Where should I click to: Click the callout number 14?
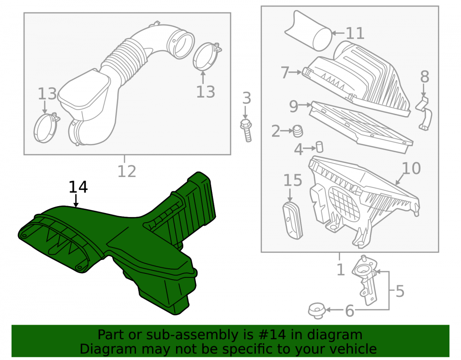coord(78,187)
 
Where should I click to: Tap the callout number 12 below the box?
coord(127,171)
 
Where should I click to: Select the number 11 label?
coord(355,33)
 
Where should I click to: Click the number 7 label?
coord(285,72)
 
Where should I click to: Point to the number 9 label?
coord(293,106)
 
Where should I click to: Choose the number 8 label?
coord(425,77)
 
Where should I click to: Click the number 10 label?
coord(411,168)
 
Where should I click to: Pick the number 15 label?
coord(293,180)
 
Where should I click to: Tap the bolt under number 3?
coord(246,130)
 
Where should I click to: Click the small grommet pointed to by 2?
coord(298,131)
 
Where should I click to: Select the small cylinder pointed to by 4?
coord(319,147)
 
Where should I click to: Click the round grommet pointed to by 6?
coord(317,311)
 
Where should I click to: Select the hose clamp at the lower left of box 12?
coord(46,128)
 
